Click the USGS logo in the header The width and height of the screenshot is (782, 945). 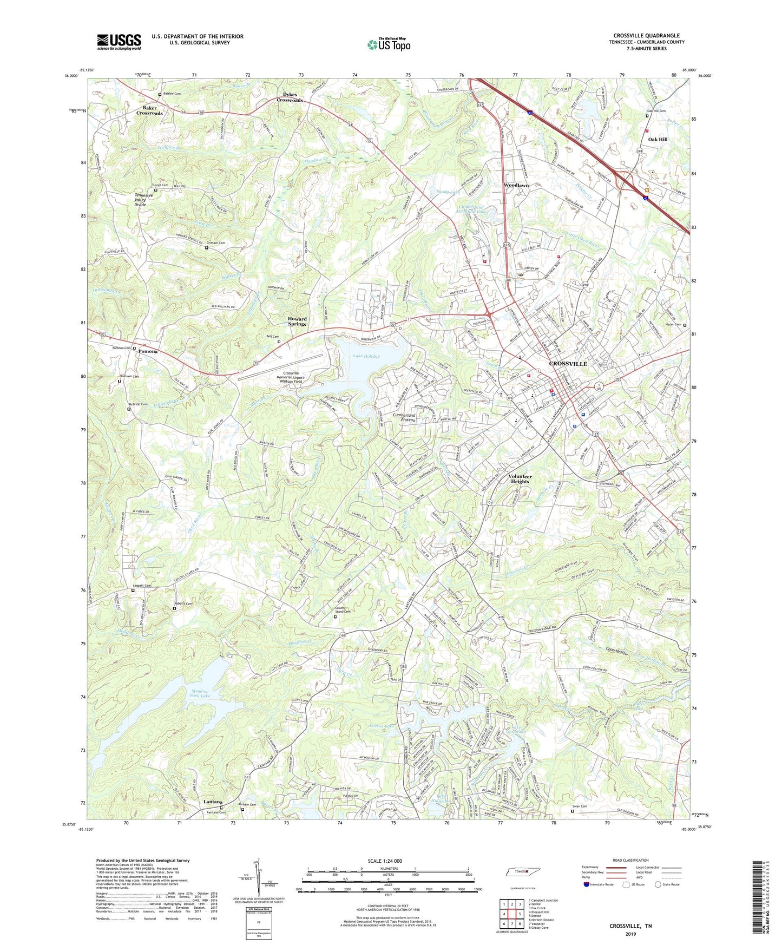click(119, 42)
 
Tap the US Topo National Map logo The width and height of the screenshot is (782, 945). click(389, 44)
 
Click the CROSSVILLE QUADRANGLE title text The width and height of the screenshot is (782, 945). click(646, 36)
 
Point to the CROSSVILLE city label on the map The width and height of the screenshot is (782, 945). click(568, 364)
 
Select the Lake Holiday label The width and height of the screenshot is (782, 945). click(366, 356)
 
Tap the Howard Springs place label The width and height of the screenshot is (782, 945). click(297, 321)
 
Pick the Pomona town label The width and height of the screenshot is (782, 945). click(148, 351)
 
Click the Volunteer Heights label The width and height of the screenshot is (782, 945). click(520, 479)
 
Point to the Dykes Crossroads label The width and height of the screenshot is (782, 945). click(290, 97)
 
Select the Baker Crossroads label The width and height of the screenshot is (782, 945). click(149, 110)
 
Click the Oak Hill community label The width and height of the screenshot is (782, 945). click(658, 140)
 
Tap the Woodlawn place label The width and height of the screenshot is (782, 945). click(516, 186)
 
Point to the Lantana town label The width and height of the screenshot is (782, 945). click(213, 802)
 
